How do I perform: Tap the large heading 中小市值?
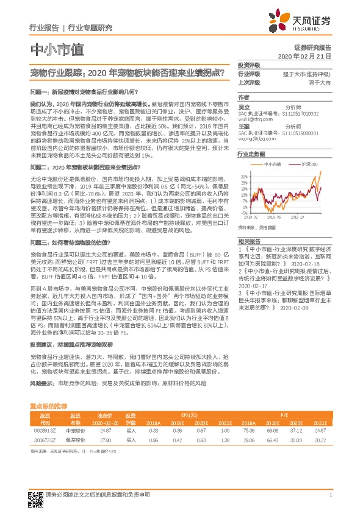pyautogui.click(x=57, y=49)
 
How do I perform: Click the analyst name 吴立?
pyautogui.click(x=243, y=107)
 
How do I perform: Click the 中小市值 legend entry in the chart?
pyautogui.click(x=271, y=165)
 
